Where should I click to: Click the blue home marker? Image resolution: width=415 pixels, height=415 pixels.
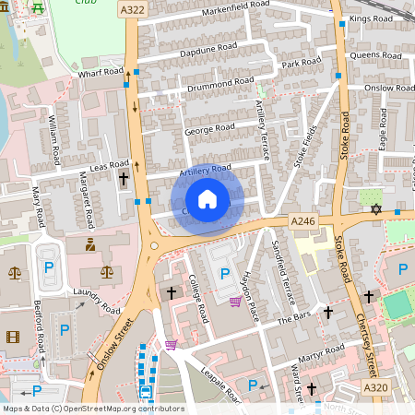(x=207, y=199)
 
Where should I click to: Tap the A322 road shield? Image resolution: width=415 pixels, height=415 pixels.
(x=131, y=9)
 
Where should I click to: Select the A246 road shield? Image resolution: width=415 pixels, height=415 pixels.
(x=303, y=221)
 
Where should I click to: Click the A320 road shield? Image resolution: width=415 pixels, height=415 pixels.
(x=375, y=388)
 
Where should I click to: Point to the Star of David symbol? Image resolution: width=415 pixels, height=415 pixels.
(x=375, y=210)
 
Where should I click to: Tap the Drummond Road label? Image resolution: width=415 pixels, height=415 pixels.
(x=221, y=83)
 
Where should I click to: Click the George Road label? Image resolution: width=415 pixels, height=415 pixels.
(x=211, y=131)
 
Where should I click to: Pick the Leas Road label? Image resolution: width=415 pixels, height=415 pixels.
(x=108, y=165)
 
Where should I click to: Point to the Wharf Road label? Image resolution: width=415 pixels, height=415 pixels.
(x=101, y=71)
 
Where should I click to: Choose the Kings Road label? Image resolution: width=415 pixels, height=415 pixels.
(x=371, y=18)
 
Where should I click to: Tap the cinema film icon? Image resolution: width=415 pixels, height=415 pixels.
(x=12, y=337)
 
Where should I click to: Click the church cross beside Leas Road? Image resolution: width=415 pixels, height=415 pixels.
(x=124, y=178)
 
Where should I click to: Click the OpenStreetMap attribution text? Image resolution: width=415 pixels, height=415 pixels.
(x=93, y=409)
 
